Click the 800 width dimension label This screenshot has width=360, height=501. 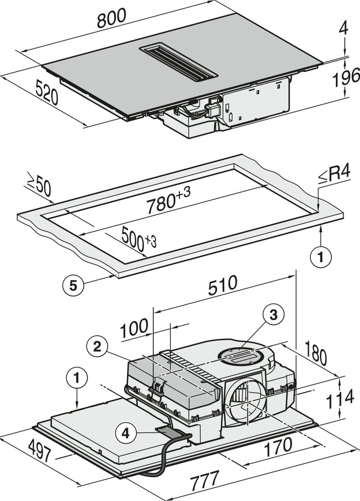(x=112, y=18)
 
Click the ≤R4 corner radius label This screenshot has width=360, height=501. (x=334, y=175)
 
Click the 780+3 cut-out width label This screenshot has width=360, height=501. (x=169, y=201)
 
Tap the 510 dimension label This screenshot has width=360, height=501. (x=222, y=285)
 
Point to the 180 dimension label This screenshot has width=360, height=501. (x=316, y=353)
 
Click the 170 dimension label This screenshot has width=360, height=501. (x=278, y=446)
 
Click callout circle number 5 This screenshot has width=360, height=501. (x=73, y=285)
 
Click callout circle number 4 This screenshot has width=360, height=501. (x=126, y=434)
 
